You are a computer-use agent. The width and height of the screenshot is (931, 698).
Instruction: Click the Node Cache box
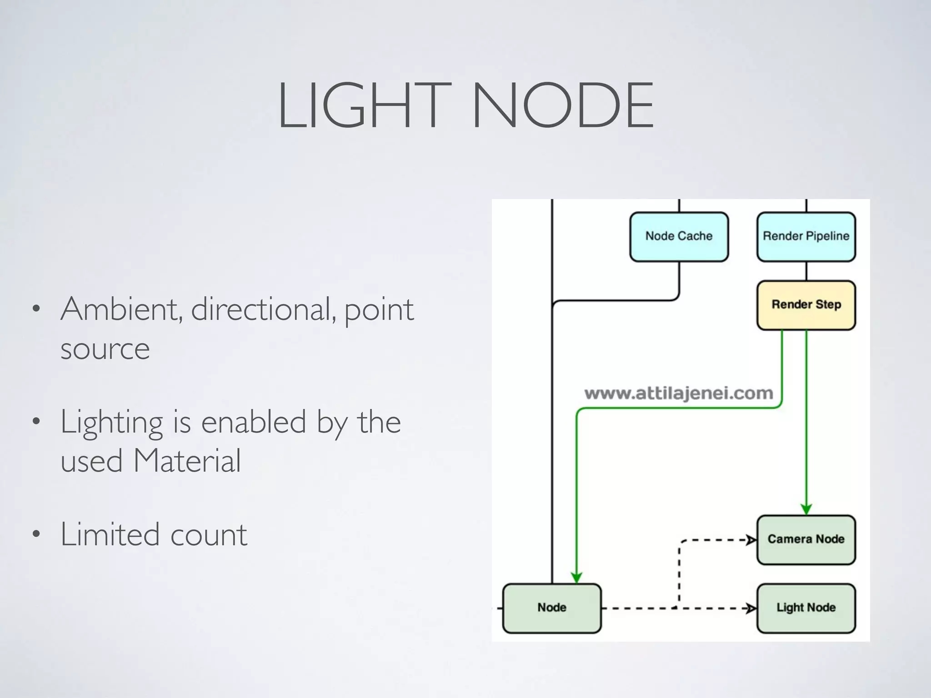click(x=679, y=237)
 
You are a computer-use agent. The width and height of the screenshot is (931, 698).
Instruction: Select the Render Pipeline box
click(x=806, y=237)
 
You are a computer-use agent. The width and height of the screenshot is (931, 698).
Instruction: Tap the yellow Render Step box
click(x=806, y=305)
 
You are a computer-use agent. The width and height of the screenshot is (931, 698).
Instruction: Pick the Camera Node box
click(x=806, y=539)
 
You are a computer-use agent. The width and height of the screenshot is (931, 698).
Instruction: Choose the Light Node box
click(x=806, y=608)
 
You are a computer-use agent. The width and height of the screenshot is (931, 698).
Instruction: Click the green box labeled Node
click(x=552, y=608)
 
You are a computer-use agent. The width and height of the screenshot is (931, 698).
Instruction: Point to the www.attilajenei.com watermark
click(x=678, y=393)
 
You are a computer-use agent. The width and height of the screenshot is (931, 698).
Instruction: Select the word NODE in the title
click(x=563, y=105)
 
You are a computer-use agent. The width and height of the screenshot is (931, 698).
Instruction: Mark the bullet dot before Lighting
click(x=36, y=422)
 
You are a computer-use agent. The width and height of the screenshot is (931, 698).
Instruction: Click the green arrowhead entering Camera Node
click(x=806, y=509)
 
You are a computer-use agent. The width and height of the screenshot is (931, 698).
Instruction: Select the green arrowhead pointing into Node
click(x=576, y=578)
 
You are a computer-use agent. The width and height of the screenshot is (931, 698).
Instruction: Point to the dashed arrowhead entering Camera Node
click(x=751, y=540)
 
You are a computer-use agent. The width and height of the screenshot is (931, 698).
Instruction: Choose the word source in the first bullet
click(x=105, y=349)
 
